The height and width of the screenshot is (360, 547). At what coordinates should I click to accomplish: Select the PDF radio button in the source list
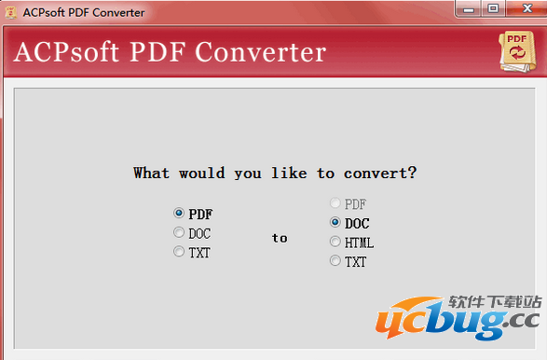[x=179, y=214]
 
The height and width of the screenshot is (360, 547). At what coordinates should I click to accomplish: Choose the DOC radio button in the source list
[x=179, y=233]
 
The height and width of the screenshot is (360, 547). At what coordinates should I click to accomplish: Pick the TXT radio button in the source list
[x=179, y=252]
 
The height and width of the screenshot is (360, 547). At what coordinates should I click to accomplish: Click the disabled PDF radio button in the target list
[x=335, y=203]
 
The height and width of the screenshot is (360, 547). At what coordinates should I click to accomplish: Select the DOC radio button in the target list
[x=335, y=223]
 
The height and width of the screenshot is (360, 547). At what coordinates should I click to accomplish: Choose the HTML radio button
[x=335, y=242]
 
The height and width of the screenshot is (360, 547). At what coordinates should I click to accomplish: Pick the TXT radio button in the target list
[x=335, y=262]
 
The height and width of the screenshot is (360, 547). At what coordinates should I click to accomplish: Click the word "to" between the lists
[x=280, y=238]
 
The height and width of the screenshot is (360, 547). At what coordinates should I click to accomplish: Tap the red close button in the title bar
[x=523, y=7]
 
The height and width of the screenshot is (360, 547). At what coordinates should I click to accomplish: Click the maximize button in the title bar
[x=492, y=7]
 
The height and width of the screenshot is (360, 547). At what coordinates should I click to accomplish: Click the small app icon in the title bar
[x=9, y=9]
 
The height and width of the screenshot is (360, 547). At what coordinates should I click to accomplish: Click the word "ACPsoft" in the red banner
[x=65, y=52]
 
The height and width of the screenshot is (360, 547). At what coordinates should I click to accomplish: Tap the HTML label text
[x=359, y=242]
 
